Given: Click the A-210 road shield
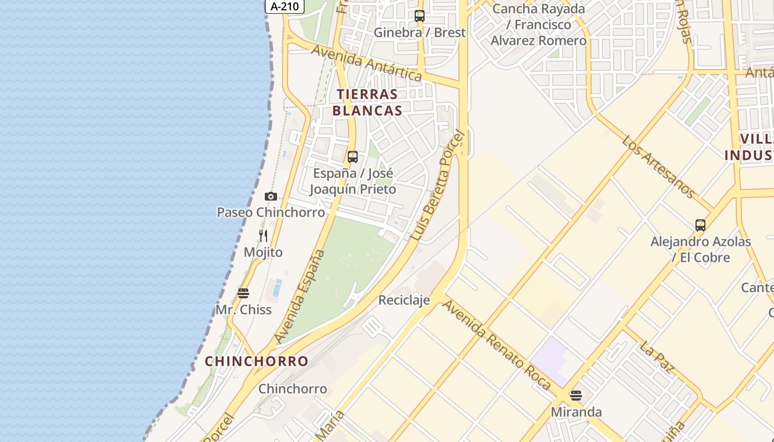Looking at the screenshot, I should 285,7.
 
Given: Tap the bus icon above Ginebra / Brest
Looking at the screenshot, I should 420,16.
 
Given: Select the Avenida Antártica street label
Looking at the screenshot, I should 367,63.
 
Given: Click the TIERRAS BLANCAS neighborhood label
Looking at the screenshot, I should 367,102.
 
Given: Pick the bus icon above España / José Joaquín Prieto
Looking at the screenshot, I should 353,157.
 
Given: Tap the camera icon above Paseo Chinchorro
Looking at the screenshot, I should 270,196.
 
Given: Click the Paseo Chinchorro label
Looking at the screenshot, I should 270,212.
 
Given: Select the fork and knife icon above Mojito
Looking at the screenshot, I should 263,236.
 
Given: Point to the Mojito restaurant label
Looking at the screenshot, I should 263,252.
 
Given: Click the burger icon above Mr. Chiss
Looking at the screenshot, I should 243,293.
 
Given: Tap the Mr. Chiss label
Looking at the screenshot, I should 243,309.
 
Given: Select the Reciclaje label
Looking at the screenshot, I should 404,300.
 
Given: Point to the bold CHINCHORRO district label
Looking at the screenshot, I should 257,361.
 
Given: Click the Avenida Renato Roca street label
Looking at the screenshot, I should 496,345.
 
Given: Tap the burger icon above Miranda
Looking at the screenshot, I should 576,396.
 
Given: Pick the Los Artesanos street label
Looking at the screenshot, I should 658,166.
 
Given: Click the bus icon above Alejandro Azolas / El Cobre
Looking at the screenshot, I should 700,225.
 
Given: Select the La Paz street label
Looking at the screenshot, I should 656,357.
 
